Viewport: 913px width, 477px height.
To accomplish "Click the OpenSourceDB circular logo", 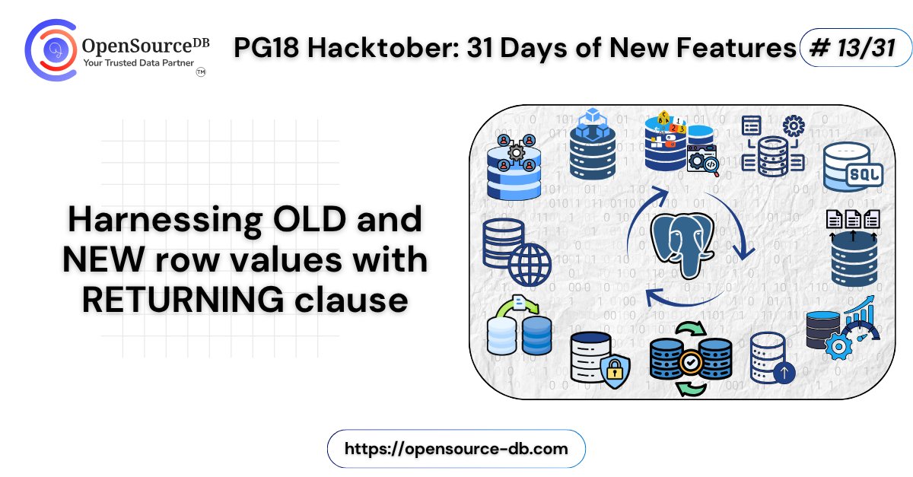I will point(52,50).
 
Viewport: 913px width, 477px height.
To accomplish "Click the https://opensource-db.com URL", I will point(456,448).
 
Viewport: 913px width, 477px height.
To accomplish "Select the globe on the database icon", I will point(530,265).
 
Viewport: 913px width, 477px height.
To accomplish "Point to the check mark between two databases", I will point(691,361).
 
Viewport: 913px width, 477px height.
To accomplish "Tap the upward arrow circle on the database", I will point(784,373).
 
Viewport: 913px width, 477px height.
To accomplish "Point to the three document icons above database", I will point(852,219).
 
